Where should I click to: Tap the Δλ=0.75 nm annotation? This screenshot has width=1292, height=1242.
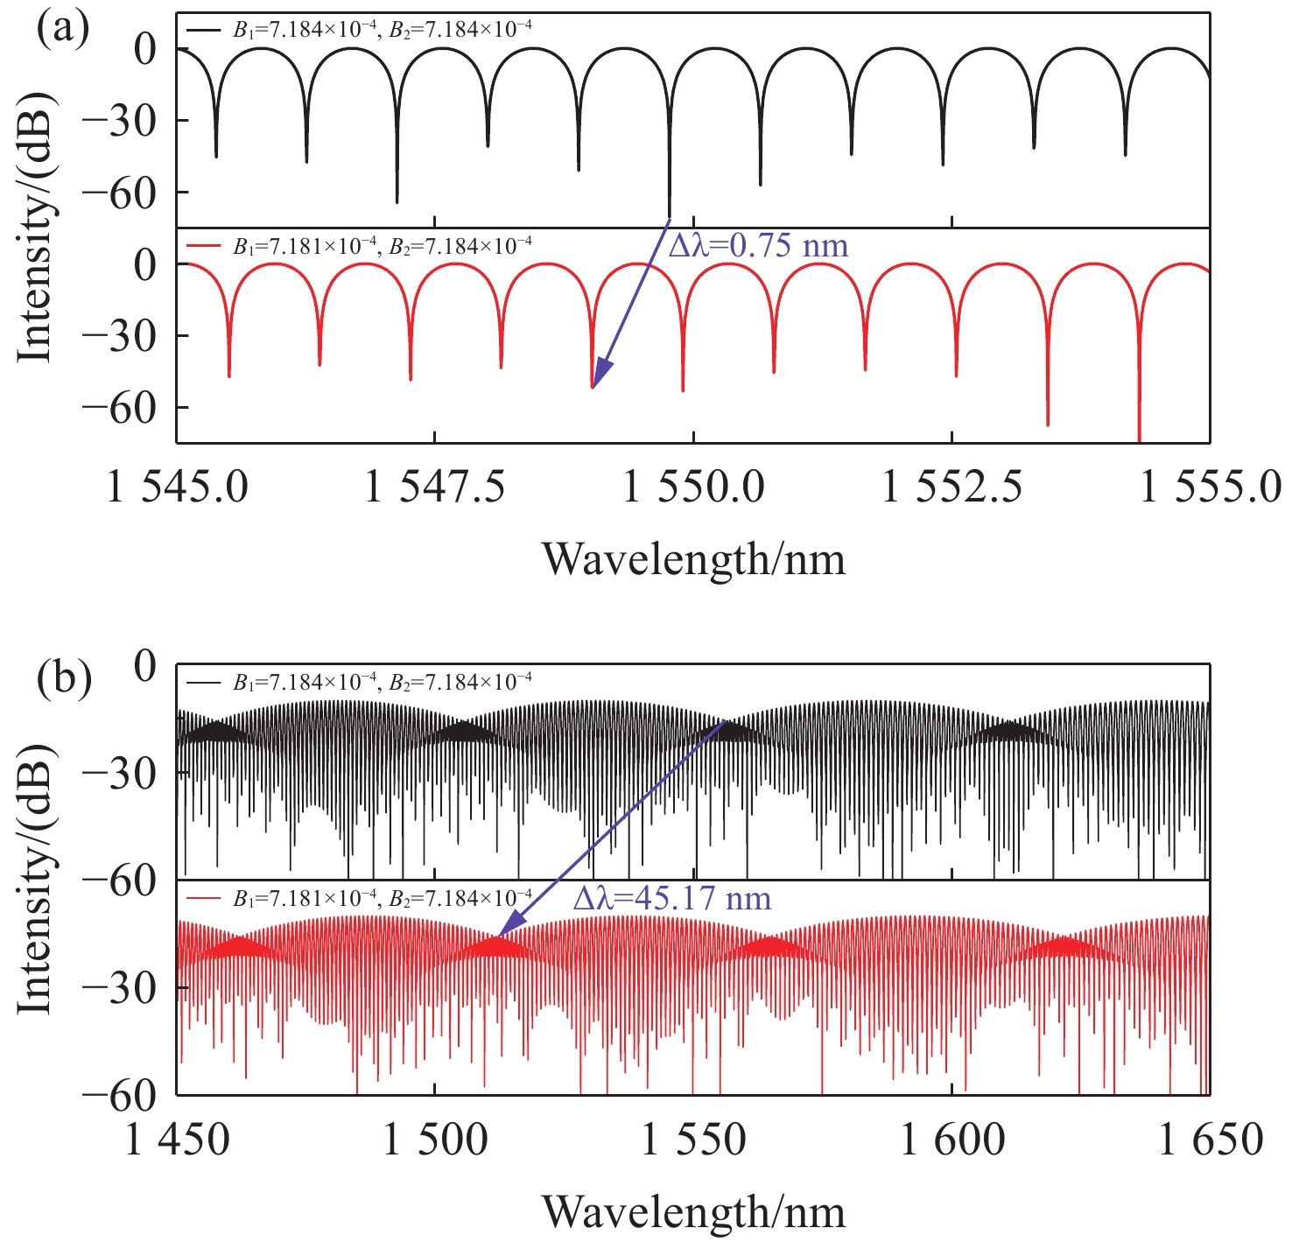click(758, 246)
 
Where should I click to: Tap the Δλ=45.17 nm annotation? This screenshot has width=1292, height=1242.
click(672, 899)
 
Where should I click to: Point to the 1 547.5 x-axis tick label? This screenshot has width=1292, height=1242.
click(435, 488)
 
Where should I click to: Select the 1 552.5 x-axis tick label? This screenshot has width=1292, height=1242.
click(952, 488)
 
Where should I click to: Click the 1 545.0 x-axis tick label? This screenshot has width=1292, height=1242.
click(177, 488)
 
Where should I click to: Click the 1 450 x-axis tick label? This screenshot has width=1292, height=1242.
click(177, 1140)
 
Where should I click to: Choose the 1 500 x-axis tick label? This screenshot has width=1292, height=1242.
click(435, 1140)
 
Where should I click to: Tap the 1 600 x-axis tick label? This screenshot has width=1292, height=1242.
click(952, 1140)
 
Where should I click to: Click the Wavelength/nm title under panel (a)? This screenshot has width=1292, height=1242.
click(694, 558)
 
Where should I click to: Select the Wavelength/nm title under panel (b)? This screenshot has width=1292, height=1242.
click(694, 1212)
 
